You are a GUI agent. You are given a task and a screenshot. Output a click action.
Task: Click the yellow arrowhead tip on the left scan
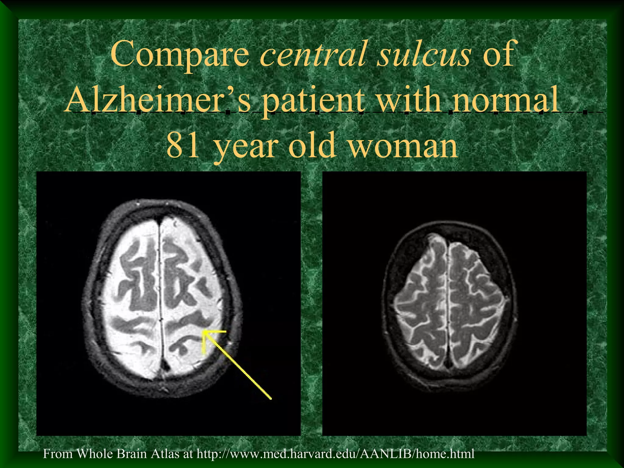tap(204, 332)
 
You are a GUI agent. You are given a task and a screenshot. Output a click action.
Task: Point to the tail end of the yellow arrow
tap(271, 398)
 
